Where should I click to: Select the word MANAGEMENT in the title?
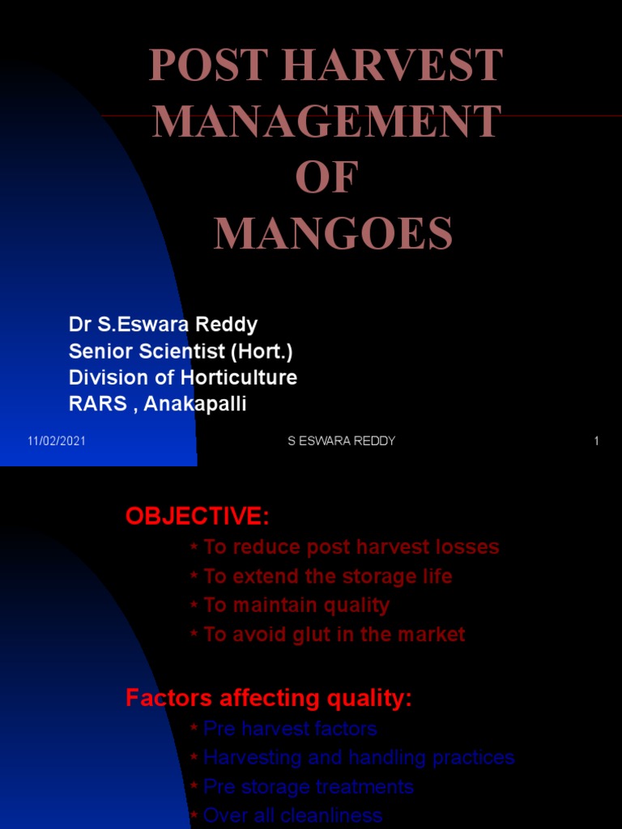click(x=326, y=122)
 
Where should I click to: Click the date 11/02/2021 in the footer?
click(x=57, y=441)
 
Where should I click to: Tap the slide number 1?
click(x=596, y=441)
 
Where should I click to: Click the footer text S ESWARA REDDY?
click(x=342, y=441)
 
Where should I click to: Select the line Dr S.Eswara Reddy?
click(x=163, y=325)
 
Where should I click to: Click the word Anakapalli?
click(x=195, y=403)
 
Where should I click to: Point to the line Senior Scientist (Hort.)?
click(x=181, y=351)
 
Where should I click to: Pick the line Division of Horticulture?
click(x=183, y=377)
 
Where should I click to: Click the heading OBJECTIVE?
click(x=197, y=516)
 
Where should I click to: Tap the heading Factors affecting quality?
click(x=269, y=699)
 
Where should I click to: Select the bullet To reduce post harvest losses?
click(x=351, y=547)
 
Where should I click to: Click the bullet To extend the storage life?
click(x=328, y=576)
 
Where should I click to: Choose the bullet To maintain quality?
click(x=296, y=606)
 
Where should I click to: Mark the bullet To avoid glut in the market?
click(x=334, y=635)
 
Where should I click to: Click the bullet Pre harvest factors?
click(x=290, y=729)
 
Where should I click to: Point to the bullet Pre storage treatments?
click(x=309, y=787)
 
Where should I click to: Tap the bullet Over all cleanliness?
click(x=292, y=815)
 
